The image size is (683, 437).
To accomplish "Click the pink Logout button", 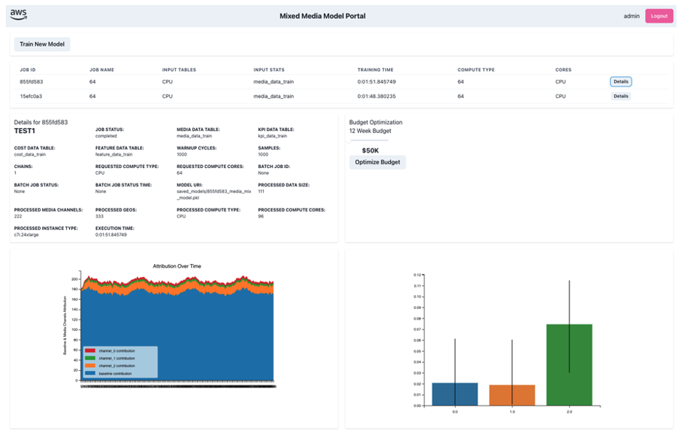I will click(659, 16).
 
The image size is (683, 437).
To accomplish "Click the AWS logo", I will click(18, 15).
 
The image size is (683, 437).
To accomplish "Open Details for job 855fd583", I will click(621, 81).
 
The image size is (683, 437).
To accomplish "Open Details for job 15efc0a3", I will click(621, 96).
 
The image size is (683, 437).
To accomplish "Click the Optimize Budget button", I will click(377, 162).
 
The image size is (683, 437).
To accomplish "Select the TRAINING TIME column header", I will click(375, 70).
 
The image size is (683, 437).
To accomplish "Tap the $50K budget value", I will click(370, 151).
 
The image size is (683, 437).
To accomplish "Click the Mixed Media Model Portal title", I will click(323, 16).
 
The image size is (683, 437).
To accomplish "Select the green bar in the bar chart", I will click(569, 364).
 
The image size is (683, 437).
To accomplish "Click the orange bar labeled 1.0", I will click(512, 395).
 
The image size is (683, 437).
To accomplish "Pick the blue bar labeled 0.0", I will click(455, 393).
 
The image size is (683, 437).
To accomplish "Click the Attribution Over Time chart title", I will click(177, 266).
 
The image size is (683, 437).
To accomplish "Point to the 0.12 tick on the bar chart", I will click(417, 276).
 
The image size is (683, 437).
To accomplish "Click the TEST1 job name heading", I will click(25, 131).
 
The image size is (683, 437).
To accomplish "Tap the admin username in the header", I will click(631, 16).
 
